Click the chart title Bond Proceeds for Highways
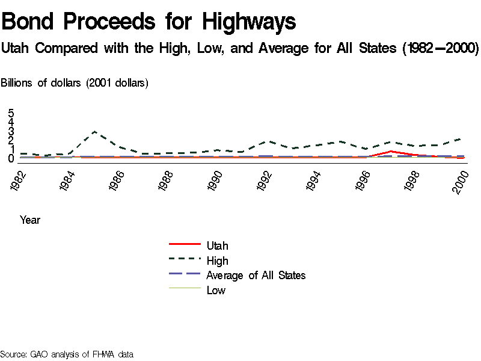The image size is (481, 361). point(149,22)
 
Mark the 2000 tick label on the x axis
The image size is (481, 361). point(462,180)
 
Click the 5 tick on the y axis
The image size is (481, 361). point(11,113)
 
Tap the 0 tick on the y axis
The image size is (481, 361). point(11,159)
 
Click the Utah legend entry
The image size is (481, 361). point(217,245)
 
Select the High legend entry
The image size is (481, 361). point(217,261)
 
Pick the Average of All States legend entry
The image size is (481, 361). point(256,275)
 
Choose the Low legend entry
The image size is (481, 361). point(216,290)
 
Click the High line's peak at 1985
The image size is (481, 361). point(94,131)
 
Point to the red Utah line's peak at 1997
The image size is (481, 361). point(391,151)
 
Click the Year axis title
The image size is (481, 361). point(30,220)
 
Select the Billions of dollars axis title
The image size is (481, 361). point(74,83)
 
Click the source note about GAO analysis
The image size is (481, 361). point(66,354)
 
